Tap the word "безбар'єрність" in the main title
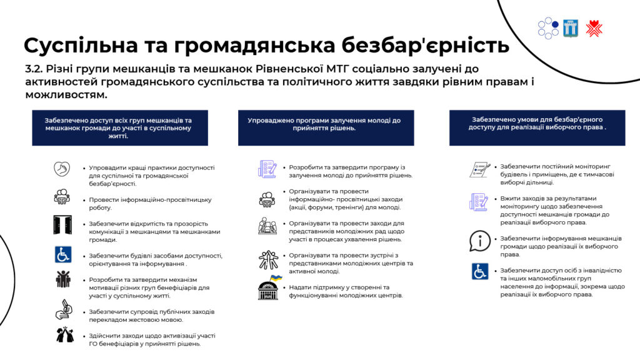(425, 46)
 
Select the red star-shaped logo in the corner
(594, 29)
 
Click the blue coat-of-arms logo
(570, 28)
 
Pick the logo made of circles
(548, 28)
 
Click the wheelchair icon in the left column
(63, 255)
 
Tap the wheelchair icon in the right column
(479, 271)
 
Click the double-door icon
(62, 224)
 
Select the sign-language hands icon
(64, 309)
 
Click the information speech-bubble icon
(479, 241)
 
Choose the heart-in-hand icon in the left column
(62, 169)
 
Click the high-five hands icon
(65, 334)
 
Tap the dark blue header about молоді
(326, 127)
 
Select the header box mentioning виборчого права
(537, 127)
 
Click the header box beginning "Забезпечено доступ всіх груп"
(120, 127)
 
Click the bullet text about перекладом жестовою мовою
(151, 316)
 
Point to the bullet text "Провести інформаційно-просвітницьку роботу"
(150, 204)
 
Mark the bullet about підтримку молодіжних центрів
(346, 291)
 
